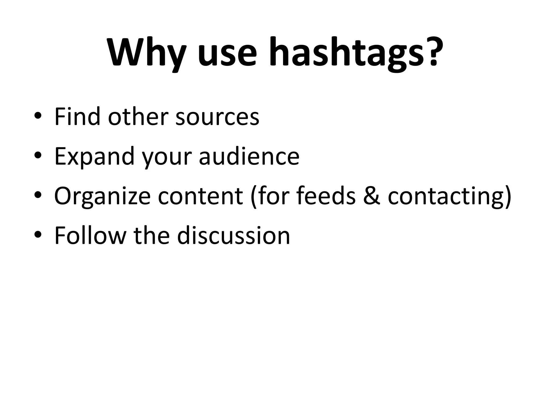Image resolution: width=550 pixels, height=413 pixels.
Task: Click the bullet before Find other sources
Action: (38, 116)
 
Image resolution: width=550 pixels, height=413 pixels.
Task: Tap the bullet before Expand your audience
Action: (38, 156)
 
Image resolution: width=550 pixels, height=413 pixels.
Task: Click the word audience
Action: (249, 156)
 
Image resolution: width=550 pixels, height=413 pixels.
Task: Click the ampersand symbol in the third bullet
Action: (372, 196)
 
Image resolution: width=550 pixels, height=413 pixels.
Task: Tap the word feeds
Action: (326, 196)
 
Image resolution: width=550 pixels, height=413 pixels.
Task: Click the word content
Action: (200, 196)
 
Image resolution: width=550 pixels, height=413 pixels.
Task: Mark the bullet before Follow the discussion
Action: (38, 235)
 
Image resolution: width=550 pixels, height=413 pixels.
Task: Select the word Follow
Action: (90, 236)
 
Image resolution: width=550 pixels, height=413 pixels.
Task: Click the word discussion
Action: (233, 236)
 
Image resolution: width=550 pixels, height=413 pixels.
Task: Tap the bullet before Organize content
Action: (38, 195)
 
